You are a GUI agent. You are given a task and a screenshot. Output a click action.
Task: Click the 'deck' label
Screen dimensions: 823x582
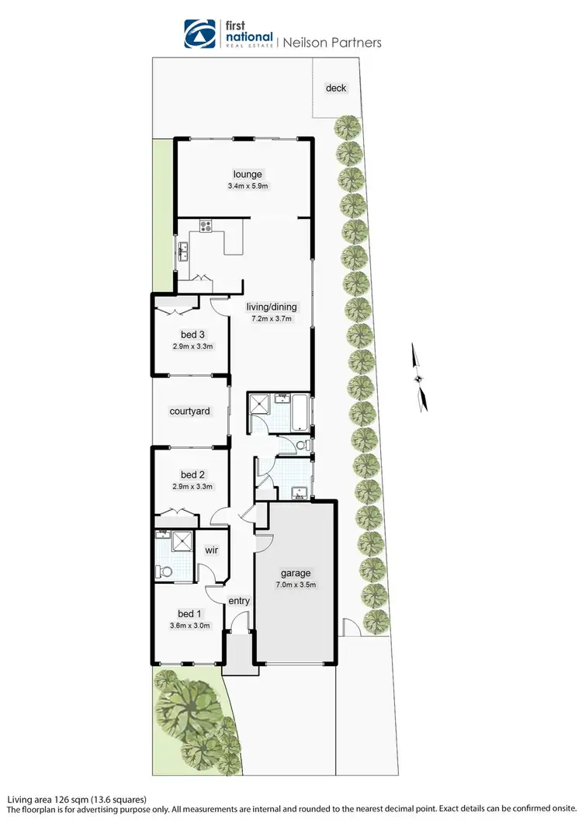336,88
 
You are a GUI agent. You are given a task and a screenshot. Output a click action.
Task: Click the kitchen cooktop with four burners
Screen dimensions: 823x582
206,227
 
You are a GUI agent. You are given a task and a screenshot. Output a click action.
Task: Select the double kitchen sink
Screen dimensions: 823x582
184,251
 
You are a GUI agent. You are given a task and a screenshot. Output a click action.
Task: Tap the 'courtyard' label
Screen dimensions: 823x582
190,411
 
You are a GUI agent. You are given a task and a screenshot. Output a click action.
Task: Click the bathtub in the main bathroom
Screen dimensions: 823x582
296,411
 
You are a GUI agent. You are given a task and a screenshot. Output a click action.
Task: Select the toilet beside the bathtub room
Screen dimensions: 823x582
302,445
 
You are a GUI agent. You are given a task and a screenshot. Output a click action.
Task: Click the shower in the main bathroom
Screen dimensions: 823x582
258,405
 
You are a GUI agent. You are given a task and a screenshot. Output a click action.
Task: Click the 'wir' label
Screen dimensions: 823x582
211,550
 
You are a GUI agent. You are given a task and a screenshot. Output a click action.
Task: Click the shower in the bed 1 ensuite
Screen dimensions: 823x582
180,541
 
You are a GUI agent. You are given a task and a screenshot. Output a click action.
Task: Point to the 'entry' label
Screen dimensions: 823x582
239,601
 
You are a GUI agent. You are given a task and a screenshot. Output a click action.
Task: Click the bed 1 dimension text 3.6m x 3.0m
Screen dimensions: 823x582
190,626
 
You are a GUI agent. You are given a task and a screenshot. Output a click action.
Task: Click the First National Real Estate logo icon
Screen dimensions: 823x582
199,34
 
